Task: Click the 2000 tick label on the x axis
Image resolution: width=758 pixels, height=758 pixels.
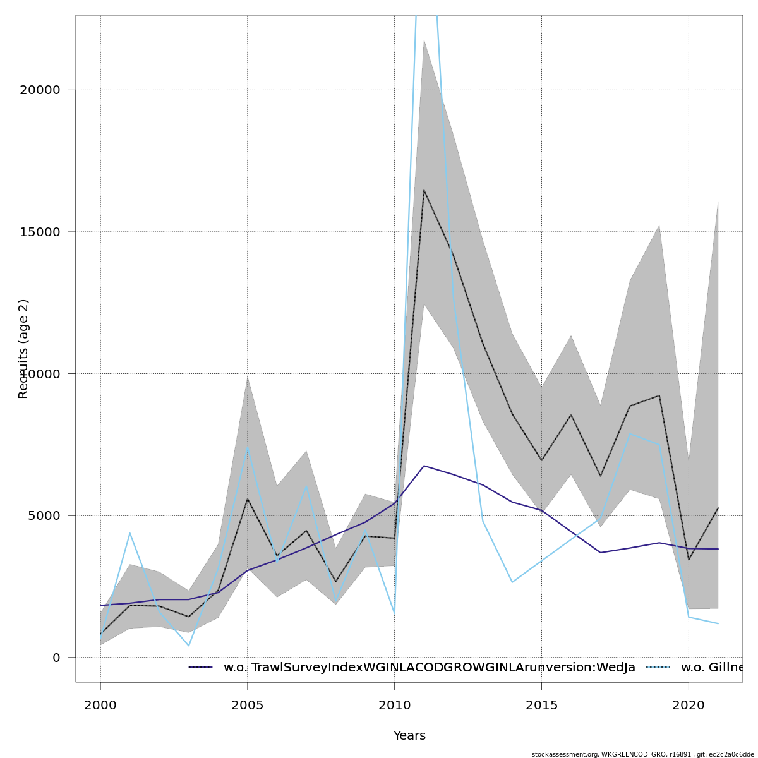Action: pyautogui.click(x=100, y=705)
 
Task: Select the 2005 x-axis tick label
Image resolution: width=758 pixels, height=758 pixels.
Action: pyautogui.click(x=248, y=705)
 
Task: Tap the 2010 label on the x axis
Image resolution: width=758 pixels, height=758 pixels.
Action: pyautogui.click(x=395, y=705)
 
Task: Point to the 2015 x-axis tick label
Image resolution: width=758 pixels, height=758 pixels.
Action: pyautogui.click(x=541, y=705)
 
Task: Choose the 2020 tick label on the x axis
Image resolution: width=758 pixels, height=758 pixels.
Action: pyautogui.click(x=689, y=705)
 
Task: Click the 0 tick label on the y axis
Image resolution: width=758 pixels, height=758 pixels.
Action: pyautogui.click(x=56, y=658)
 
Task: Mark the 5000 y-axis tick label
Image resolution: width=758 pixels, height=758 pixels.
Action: pyautogui.click(x=40, y=515)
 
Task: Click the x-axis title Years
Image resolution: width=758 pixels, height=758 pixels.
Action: pyautogui.click(x=409, y=736)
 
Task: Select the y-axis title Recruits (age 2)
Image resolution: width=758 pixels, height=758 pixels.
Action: pyautogui.click(x=23, y=349)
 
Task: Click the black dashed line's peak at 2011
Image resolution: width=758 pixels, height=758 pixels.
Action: pyautogui.click(x=424, y=190)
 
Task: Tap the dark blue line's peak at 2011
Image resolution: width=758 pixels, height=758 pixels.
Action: pyautogui.click(x=424, y=466)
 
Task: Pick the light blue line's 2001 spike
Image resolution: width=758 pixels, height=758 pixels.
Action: pyautogui.click(x=129, y=533)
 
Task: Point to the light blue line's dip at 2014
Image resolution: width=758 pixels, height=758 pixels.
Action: pyautogui.click(x=512, y=582)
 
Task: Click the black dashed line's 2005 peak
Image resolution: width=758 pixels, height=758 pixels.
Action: pyautogui.click(x=248, y=499)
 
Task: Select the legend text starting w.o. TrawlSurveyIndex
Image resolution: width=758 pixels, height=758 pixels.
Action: pyautogui.click(x=429, y=668)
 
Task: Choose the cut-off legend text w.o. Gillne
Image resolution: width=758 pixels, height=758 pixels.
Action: pyautogui.click(x=712, y=668)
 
